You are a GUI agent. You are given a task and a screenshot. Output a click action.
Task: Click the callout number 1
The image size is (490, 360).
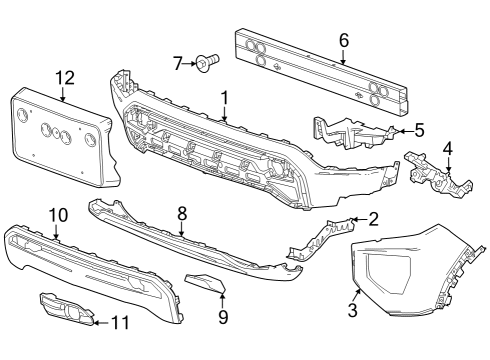tap(225, 98)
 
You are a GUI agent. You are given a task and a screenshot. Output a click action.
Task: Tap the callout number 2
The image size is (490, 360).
tap(373, 217)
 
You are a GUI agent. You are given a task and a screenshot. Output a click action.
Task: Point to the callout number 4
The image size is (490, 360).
tap(448, 149)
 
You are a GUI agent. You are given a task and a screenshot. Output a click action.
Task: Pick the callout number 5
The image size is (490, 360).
tap(419, 129)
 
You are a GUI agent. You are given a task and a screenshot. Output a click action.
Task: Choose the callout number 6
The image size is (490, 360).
tap(343, 41)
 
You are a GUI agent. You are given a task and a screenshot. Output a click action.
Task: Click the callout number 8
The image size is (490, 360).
tap(182, 212)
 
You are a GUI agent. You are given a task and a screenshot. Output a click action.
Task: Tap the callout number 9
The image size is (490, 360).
tap(223, 318)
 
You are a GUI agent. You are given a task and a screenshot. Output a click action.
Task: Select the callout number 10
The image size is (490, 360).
tap(56, 214)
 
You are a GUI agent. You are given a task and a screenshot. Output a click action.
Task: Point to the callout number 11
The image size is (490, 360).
tap(121, 322)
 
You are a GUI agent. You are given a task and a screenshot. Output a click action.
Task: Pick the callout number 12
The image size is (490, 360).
tap(64, 77)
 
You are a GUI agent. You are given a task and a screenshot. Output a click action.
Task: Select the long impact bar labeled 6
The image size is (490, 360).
tap(320, 67)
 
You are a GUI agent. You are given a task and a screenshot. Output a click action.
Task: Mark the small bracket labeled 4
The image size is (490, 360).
tap(438, 178)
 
